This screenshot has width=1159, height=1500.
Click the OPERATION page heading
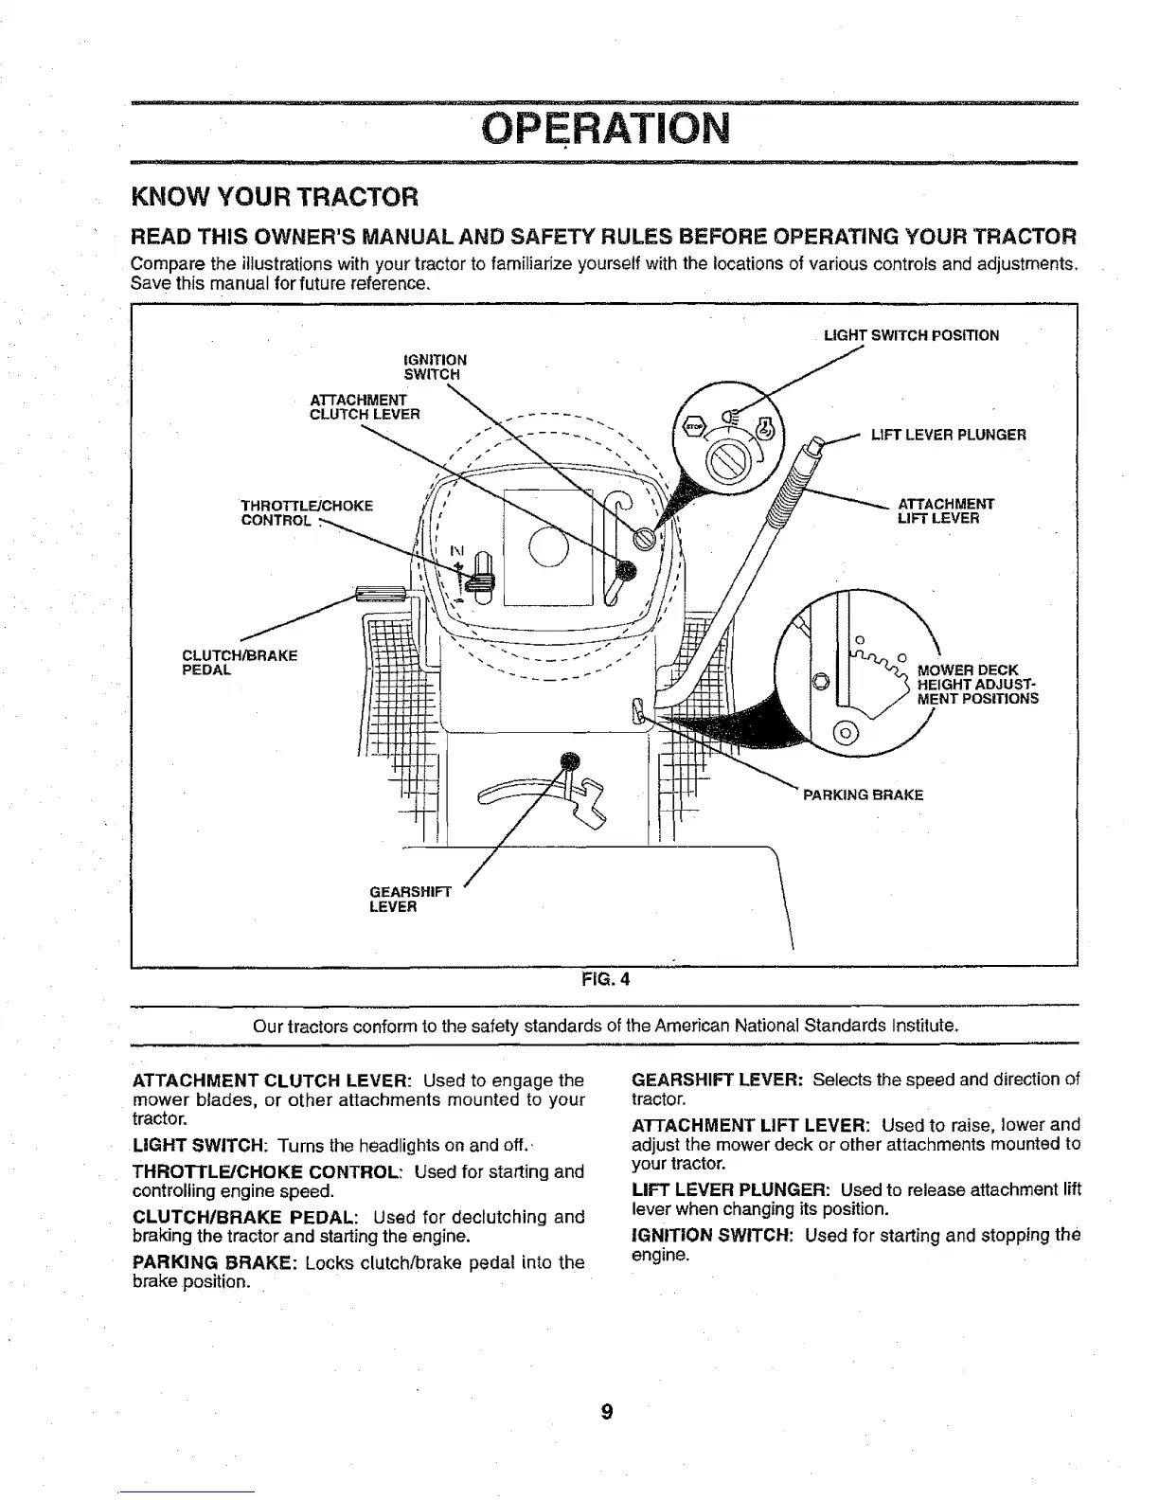pyautogui.click(x=605, y=128)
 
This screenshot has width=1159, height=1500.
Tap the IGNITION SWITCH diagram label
pyautogui.click(x=435, y=366)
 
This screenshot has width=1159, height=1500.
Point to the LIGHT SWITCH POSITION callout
pyautogui.click(x=911, y=335)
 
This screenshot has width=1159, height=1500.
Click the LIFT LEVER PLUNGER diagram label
pyautogui.click(x=948, y=436)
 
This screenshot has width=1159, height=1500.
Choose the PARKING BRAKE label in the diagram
pyautogui.click(x=862, y=795)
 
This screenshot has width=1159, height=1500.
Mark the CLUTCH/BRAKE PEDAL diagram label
pyautogui.click(x=240, y=662)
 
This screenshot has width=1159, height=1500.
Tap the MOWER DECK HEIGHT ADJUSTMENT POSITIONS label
pyautogui.click(x=976, y=685)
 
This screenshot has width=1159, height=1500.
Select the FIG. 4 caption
pyautogui.click(x=605, y=980)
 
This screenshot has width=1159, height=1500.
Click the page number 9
pyautogui.click(x=606, y=1412)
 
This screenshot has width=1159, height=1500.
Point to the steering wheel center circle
pyautogui.click(x=546, y=547)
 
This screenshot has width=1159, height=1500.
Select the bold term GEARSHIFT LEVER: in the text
pyautogui.click(x=717, y=1080)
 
